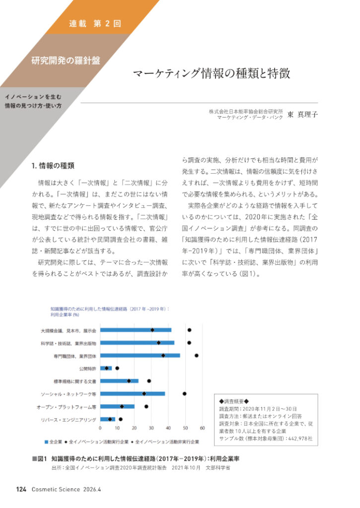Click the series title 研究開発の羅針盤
click(66, 61)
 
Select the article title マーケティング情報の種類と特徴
click(211, 74)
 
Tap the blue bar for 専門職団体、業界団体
click(140, 356)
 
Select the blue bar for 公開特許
click(106, 369)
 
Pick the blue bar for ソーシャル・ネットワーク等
click(133, 394)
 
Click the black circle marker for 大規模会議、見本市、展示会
click(189, 330)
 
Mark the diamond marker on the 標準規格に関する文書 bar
click(129, 381)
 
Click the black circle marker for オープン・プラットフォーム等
click(146, 406)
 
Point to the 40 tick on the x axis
click(168, 427)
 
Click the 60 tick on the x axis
click(202, 427)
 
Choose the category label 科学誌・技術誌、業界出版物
click(69, 343)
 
